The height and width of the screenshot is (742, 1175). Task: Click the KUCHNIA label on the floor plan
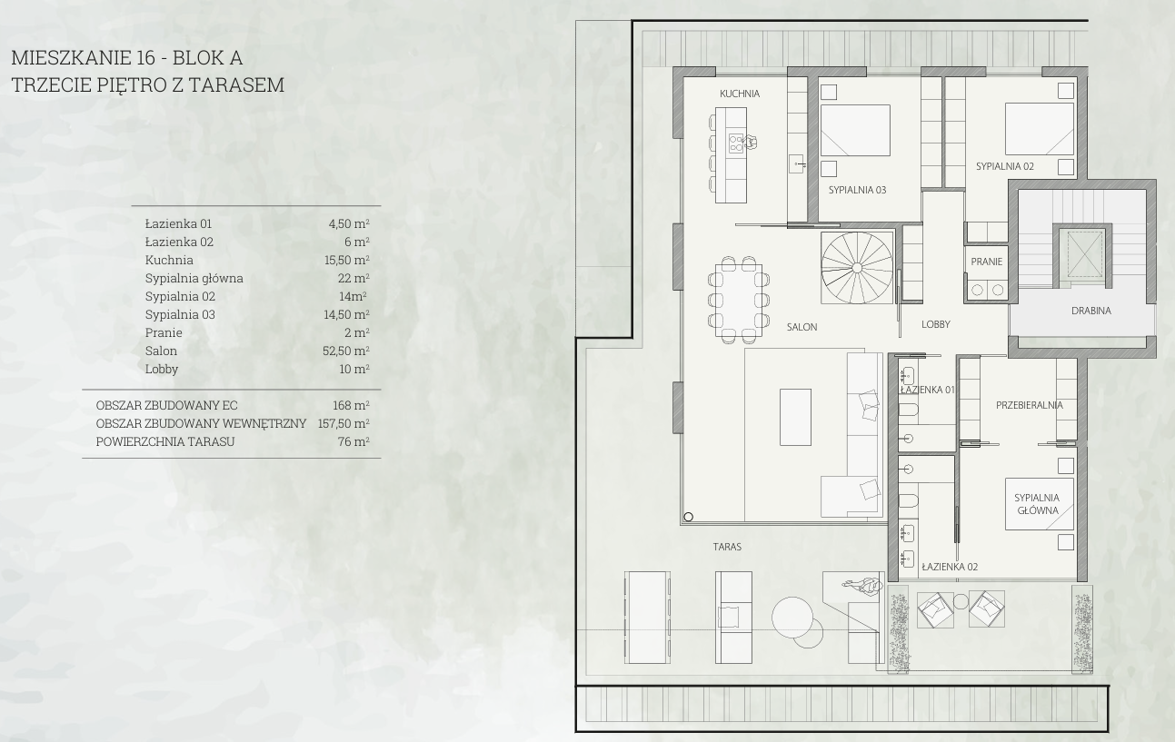[x=740, y=94]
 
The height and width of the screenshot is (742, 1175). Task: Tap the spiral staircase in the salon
[x=857, y=268]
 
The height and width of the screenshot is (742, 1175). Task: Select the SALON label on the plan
[x=802, y=327]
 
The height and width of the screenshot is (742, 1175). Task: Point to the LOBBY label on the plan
[x=936, y=324]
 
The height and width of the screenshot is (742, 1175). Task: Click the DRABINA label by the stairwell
[x=1091, y=311]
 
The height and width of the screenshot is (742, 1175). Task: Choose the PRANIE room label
[x=986, y=262]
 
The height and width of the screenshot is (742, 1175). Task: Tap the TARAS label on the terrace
[x=727, y=547]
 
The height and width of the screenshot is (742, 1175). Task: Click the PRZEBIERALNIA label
[x=1030, y=405]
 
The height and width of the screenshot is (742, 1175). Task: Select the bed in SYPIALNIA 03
[x=855, y=130]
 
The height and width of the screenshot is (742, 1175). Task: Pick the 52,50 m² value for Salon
[x=346, y=351]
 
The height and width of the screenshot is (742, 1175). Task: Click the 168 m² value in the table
[x=351, y=405]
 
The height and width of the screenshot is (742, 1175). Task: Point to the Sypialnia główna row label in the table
[x=194, y=279]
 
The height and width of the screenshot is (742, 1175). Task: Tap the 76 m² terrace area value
[x=353, y=441]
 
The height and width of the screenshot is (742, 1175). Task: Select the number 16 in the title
[x=146, y=58]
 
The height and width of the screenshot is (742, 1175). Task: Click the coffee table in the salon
[x=795, y=417]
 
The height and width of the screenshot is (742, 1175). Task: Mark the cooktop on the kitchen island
[x=736, y=143]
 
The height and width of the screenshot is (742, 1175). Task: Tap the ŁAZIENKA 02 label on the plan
[x=950, y=567]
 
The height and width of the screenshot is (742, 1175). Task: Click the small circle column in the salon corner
[x=689, y=517]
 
